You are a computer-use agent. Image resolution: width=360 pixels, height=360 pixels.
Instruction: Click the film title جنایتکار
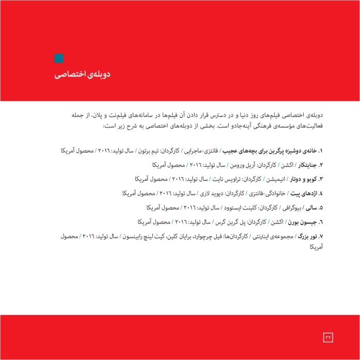click(308, 165)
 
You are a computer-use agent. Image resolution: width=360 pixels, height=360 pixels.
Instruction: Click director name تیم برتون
click(147, 151)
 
